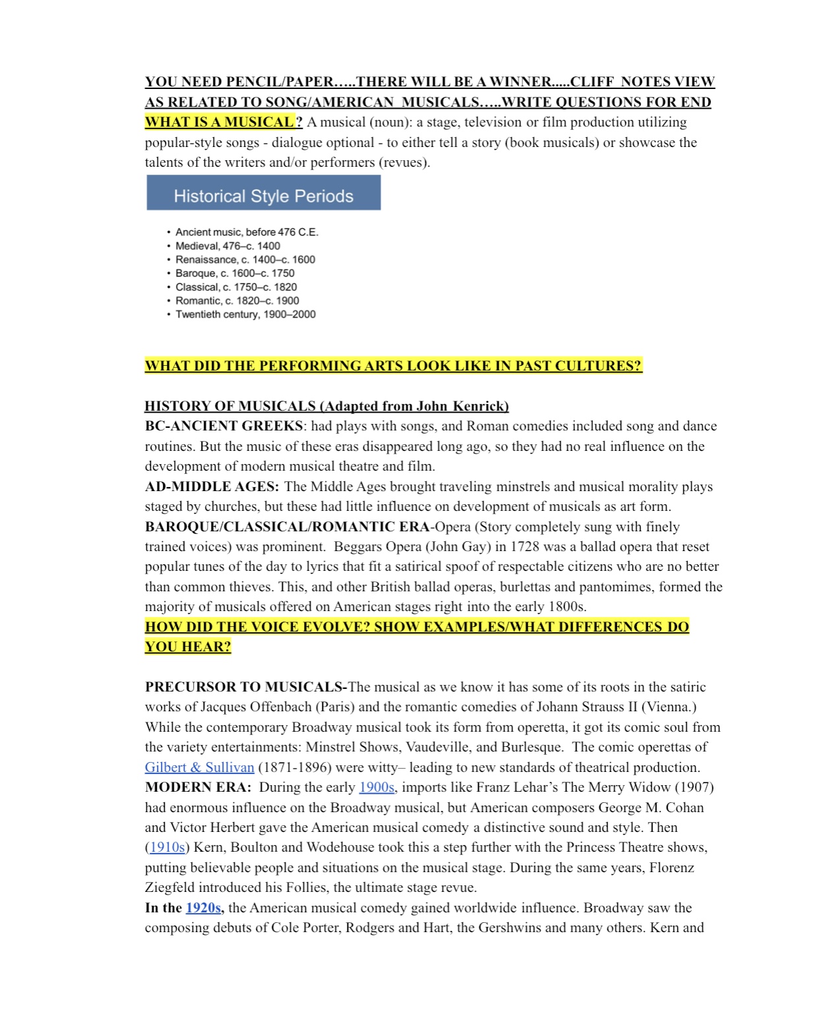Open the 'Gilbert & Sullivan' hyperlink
click(x=199, y=767)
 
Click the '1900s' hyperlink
click(x=377, y=787)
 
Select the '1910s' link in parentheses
click(x=167, y=847)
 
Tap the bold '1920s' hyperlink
click(x=203, y=908)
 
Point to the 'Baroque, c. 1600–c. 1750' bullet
click(x=235, y=273)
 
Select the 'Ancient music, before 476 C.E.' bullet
click(x=247, y=232)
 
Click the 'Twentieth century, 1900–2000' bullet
click(x=245, y=314)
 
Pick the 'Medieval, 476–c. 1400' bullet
click(x=228, y=246)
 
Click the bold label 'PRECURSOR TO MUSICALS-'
click(x=246, y=687)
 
